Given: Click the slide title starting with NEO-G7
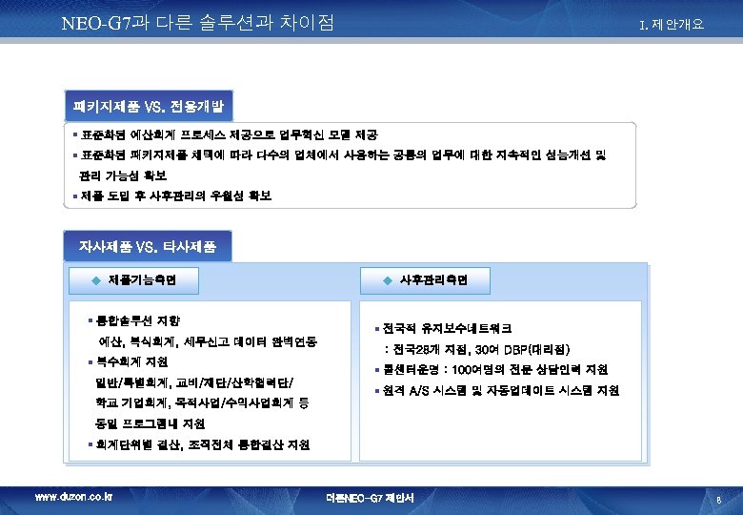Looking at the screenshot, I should click(196, 21).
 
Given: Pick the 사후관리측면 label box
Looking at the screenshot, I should click(431, 280).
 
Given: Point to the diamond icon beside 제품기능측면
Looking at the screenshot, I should click(95, 281).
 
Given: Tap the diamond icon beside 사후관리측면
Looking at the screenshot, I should click(387, 281).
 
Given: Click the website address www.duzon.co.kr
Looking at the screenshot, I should click(73, 497).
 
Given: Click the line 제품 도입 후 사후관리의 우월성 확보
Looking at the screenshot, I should click(175, 196).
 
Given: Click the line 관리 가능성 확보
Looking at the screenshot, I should click(123, 175).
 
